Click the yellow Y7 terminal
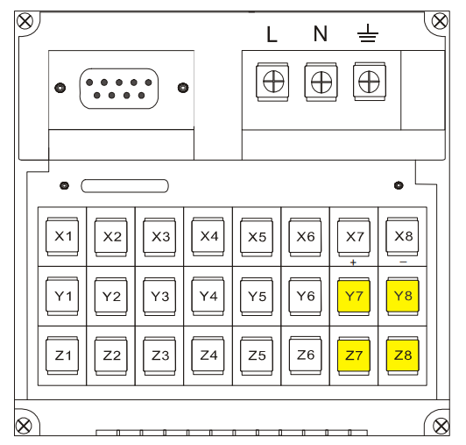354,296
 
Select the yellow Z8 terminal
403,355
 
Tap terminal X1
62,236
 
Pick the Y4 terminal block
208,296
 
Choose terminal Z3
159,355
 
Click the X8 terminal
402,236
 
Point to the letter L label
272,34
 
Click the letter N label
321,33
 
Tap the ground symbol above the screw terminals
368,32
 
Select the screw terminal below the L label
272,82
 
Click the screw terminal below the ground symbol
370,82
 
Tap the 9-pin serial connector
119,89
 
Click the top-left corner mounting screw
25,21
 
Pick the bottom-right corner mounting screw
441,426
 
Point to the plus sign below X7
353,262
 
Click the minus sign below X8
403,262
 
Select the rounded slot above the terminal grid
124,186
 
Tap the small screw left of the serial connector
60,88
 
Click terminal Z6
305,355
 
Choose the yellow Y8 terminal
403,296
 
